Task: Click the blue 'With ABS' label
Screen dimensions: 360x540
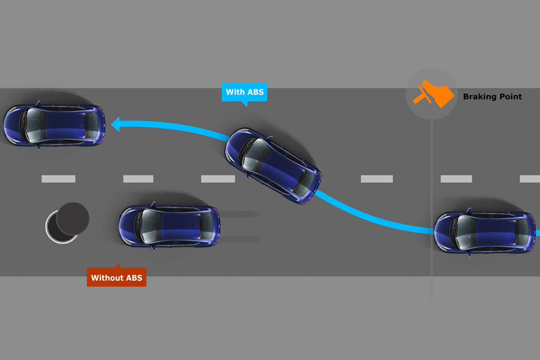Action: (244, 92)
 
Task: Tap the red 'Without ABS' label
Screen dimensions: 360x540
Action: (117, 278)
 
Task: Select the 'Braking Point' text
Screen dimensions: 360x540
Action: (492, 97)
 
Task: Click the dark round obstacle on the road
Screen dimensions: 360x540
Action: (73, 218)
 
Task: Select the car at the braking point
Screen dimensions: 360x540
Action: (485, 232)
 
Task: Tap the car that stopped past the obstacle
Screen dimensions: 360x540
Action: (54, 125)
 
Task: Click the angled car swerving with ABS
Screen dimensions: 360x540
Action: (273, 165)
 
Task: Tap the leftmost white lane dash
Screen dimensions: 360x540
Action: (58, 179)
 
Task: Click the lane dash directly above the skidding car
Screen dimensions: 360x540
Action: (138, 179)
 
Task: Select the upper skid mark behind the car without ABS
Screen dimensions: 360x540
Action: (238, 214)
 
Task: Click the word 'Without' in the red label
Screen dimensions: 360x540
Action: (107, 278)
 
